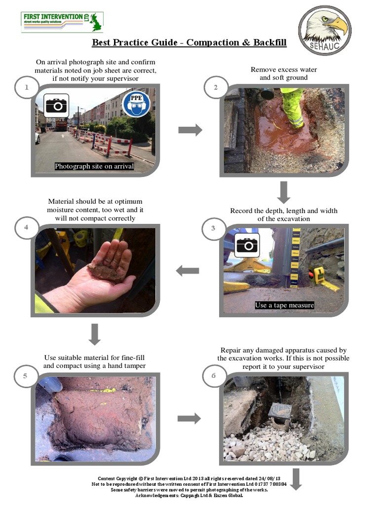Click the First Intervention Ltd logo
pos(62,22)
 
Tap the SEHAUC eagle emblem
pos(325,30)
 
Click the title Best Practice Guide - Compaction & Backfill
pos(189,43)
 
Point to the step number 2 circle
pos(216,88)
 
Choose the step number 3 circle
pos(213,228)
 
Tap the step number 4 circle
pos(25,227)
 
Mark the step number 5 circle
pos(25,376)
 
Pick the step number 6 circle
pos(214,376)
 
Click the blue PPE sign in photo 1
pos(136,104)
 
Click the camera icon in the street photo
pos(56,105)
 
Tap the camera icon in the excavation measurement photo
pos(247,245)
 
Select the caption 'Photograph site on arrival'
pos(94,166)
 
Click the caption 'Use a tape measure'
pos(284,305)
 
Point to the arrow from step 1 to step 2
pos(190,130)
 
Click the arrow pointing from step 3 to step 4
pos(188,271)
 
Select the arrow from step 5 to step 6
pos(189,418)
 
